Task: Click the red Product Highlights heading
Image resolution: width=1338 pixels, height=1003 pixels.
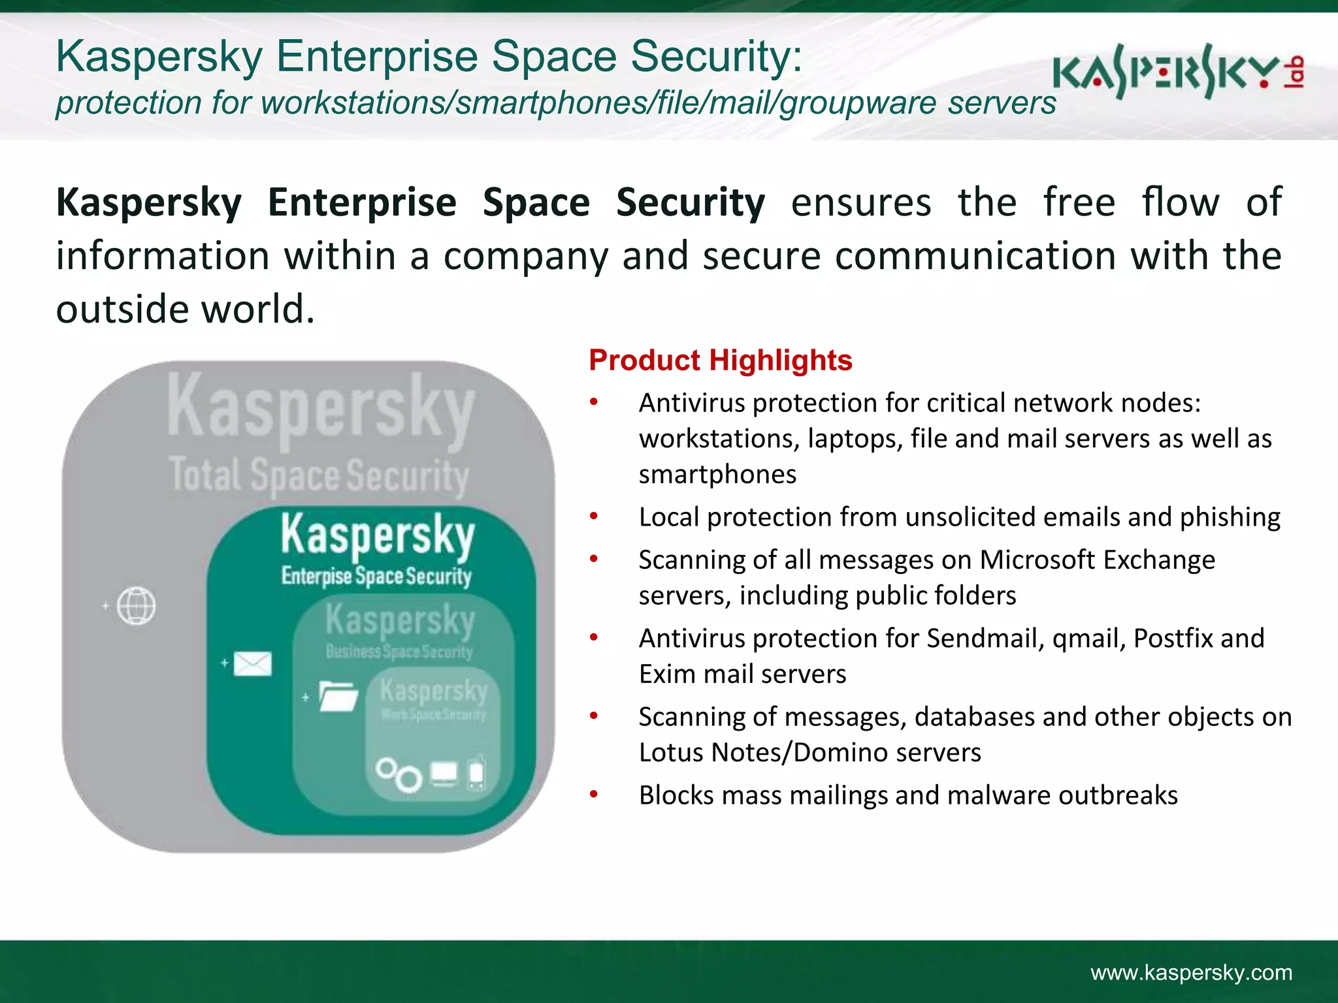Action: tap(720, 360)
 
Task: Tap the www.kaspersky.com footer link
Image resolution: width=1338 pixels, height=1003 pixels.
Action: tap(1191, 972)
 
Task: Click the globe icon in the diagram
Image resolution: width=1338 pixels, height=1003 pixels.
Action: tap(136, 606)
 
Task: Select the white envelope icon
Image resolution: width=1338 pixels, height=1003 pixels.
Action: tap(252, 664)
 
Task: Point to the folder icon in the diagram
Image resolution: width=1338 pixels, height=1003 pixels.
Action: tap(338, 696)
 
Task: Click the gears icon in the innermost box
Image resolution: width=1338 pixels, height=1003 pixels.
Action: tap(399, 774)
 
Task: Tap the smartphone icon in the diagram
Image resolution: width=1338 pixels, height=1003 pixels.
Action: tap(477, 773)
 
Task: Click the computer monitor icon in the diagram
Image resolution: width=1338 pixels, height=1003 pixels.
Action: tap(444, 773)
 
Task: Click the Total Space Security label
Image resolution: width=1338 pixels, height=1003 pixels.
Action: tap(319, 475)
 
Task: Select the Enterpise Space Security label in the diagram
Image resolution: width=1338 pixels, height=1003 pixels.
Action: tap(376, 576)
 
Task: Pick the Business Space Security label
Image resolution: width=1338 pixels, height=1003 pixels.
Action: tap(399, 651)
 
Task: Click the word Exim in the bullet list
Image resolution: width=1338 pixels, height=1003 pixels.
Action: tap(663, 674)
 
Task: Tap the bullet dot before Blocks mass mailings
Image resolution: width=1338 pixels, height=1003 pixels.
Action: tap(593, 795)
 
